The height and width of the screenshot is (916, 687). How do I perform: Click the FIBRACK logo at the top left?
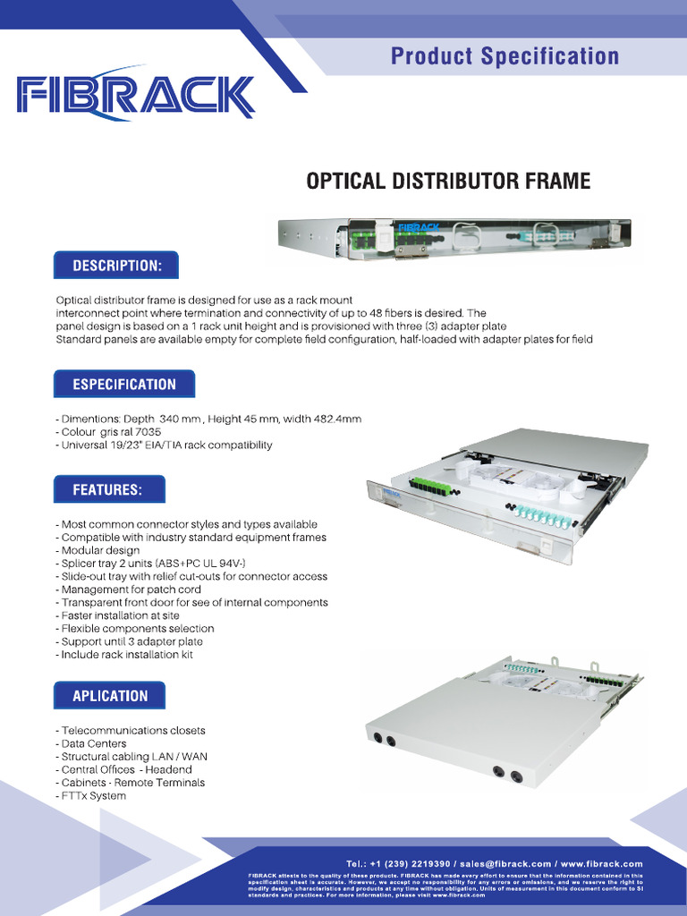pyautogui.click(x=136, y=96)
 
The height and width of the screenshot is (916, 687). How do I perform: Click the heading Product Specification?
pyautogui.click(x=505, y=56)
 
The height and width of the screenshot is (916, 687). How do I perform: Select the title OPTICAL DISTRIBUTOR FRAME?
pyautogui.click(x=448, y=182)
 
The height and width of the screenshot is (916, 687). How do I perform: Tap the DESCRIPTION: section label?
pyautogui.click(x=116, y=266)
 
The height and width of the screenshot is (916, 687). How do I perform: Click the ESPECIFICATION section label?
pyautogui.click(x=124, y=384)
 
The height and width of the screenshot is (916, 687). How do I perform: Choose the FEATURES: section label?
pyautogui.click(x=107, y=490)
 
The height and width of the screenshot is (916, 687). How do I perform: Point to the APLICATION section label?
pyautogui.click(x=110, y=695)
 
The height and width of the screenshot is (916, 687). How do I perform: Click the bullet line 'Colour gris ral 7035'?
pyautogui.click(x=110, y=432)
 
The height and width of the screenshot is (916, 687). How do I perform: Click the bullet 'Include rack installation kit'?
pyautogui.click(x=126, y=655)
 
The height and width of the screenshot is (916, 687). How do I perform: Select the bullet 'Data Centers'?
pyautogui.click(x=93, y=743)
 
